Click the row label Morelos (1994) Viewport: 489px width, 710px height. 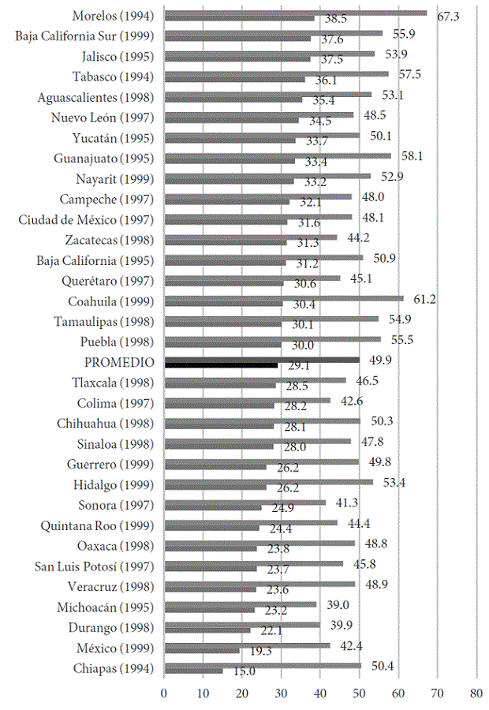(113, 16)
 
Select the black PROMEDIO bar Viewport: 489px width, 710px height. (221, 364)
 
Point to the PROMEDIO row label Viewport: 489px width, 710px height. (118, 362)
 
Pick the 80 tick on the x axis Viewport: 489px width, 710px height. (476, 694)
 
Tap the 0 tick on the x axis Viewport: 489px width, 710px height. (164, 694)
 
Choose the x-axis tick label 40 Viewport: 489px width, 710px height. (320, 694)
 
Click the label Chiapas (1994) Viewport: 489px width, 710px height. (117, 669)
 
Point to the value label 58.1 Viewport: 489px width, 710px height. (411, 156)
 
